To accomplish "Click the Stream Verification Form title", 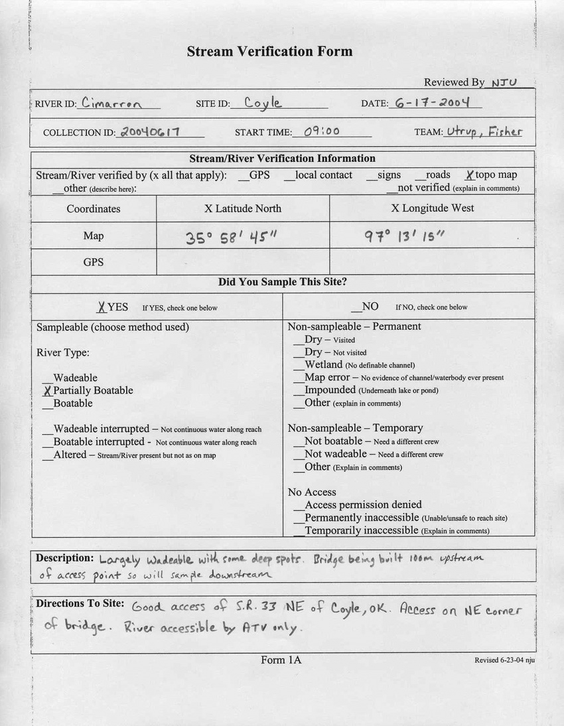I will [269, 51].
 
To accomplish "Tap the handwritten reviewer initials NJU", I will [504, 82].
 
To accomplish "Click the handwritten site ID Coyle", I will [263, 103].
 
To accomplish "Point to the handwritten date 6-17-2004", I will [432, 103].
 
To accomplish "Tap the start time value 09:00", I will [322, 131].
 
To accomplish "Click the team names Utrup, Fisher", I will [484, 131].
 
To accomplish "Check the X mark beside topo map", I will [469, 175].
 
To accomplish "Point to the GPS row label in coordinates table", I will [94, 262].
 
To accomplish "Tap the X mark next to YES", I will [101, 307].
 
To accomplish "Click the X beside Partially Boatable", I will [46, 391].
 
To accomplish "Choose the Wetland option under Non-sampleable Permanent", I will [323, 365].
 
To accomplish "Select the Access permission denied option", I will [362, 505].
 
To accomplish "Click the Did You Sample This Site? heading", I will [282, 282].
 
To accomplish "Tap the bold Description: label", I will [64, 558].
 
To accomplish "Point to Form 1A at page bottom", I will [281, 660].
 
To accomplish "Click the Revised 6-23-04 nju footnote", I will [504, 660].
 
